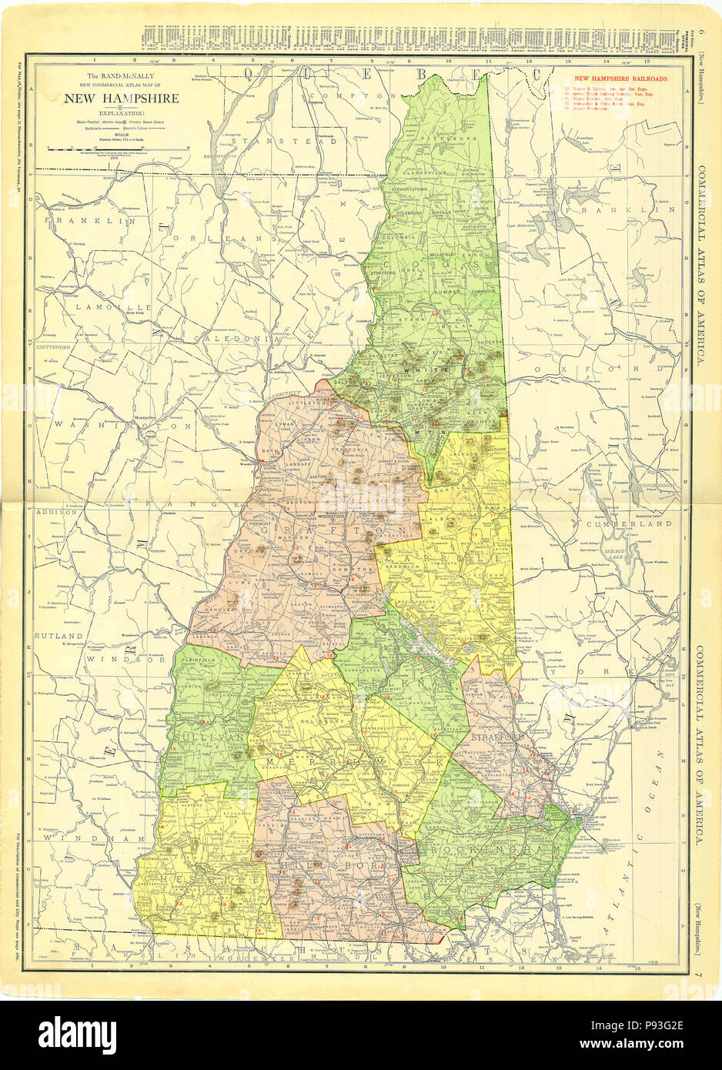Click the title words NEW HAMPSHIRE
point(121,99)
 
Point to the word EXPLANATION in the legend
point(121,112)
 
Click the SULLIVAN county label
point(202,737)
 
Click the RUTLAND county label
point(58,635)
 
